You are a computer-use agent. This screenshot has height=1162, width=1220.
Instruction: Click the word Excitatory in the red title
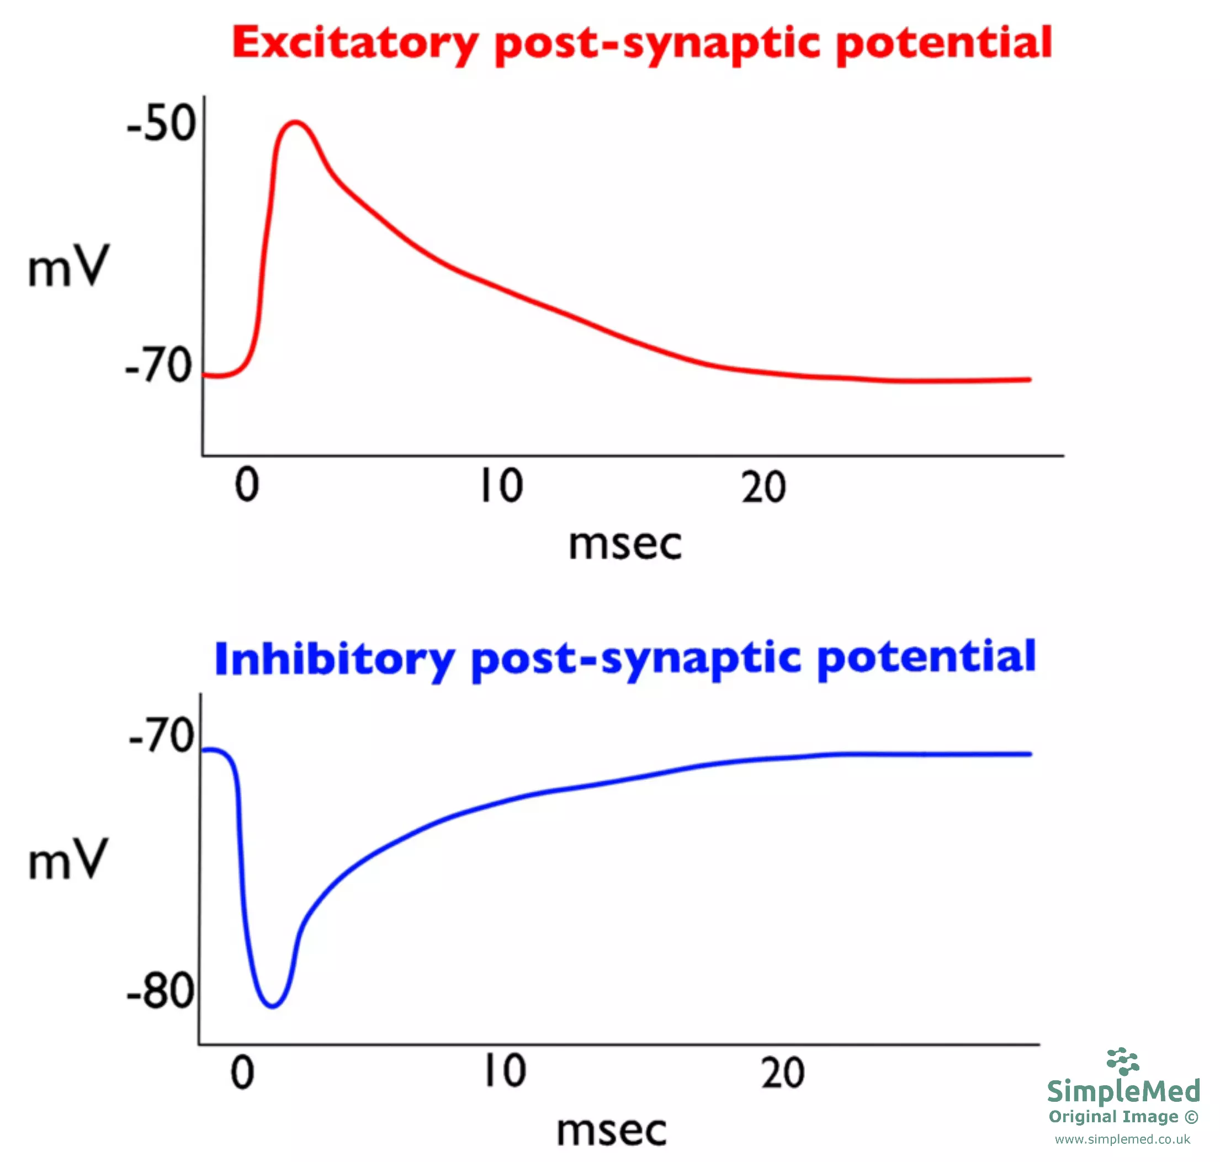[354, 44]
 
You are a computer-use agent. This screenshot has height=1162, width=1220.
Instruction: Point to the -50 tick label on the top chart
[162, 123]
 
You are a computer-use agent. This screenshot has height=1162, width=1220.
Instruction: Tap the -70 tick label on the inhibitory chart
[162, 735]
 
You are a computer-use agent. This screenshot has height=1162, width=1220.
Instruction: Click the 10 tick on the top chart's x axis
[502, 486]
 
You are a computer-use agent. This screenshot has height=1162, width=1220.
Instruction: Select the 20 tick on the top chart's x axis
[763, 487]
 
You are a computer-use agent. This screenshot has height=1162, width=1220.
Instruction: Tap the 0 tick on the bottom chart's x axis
[242, 1073]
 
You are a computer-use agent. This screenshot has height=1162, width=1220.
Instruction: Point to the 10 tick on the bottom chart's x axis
[505, 1071]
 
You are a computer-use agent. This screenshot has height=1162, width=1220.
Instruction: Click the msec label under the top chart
[625, 544]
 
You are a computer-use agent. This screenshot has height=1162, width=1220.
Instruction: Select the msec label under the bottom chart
[611, 1131]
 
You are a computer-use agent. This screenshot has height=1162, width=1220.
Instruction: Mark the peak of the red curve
[296, 122]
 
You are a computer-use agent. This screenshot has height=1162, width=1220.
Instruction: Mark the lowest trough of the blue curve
[273, 1005]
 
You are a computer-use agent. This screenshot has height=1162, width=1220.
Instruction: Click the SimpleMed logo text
[1123, 1091]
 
